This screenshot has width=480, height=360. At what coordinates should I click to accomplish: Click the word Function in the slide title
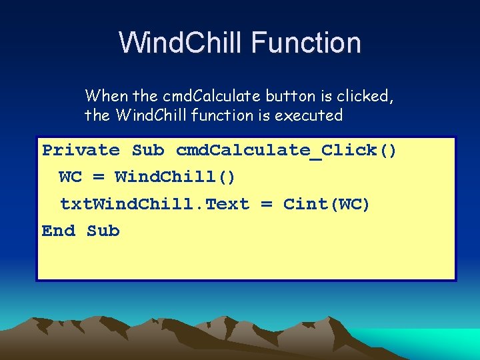[307, 43]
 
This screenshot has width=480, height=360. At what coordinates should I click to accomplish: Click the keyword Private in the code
[81, 151]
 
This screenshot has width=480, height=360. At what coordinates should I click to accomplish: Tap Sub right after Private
[147, 151]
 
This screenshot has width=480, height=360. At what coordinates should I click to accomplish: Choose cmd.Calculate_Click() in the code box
[287, 151]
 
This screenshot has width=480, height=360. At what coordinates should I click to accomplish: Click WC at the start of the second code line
[70, 177]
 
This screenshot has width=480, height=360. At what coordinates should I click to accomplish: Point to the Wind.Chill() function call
[175, 177]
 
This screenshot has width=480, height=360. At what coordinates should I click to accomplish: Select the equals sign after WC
[98, 177]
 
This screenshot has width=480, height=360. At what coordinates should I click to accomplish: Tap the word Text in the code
[227, 204]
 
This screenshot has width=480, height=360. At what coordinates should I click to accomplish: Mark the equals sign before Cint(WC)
[266, 204]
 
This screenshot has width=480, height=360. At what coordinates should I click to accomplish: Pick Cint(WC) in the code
[327, 204]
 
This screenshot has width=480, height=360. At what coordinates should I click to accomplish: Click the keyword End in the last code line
[59, 231]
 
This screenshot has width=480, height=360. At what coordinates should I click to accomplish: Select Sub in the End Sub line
[103, 231]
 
